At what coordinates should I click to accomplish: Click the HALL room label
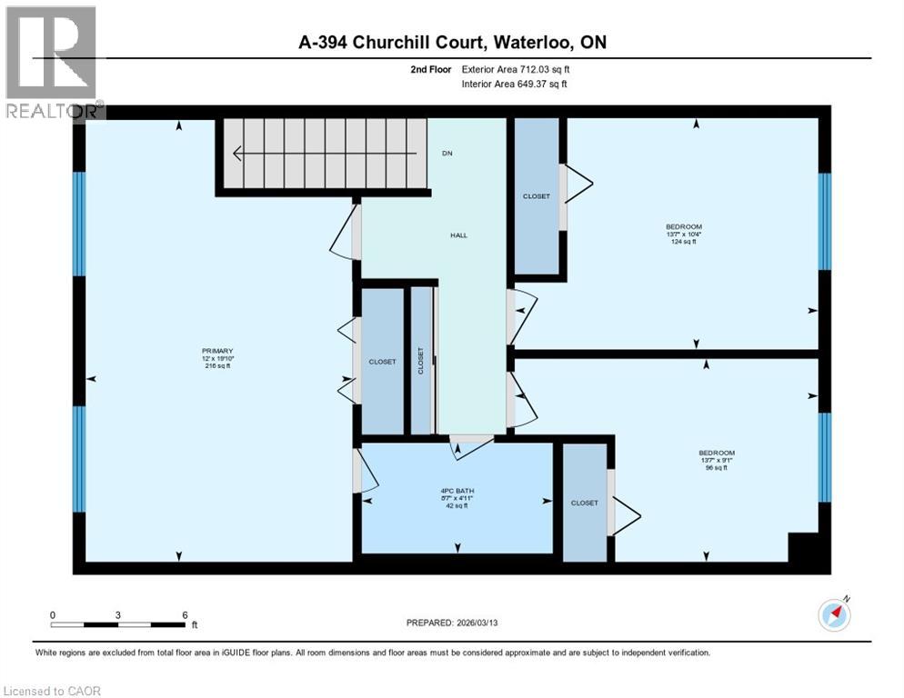[458, 235]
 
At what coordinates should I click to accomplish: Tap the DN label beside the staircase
[447, 154]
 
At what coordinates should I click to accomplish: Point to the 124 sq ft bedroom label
[683, 234]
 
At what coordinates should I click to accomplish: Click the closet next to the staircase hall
[536, 196]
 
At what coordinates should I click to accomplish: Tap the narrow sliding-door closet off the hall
[420, 360]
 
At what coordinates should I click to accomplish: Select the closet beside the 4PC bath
[584, 503]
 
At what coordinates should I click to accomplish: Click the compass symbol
[834, 615]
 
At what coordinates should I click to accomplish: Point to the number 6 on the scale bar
[185, 614]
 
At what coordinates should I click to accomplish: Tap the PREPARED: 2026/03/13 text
[452, 623]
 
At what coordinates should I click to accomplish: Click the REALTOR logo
[52, 62]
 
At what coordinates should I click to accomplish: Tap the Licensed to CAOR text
[52, 691]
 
